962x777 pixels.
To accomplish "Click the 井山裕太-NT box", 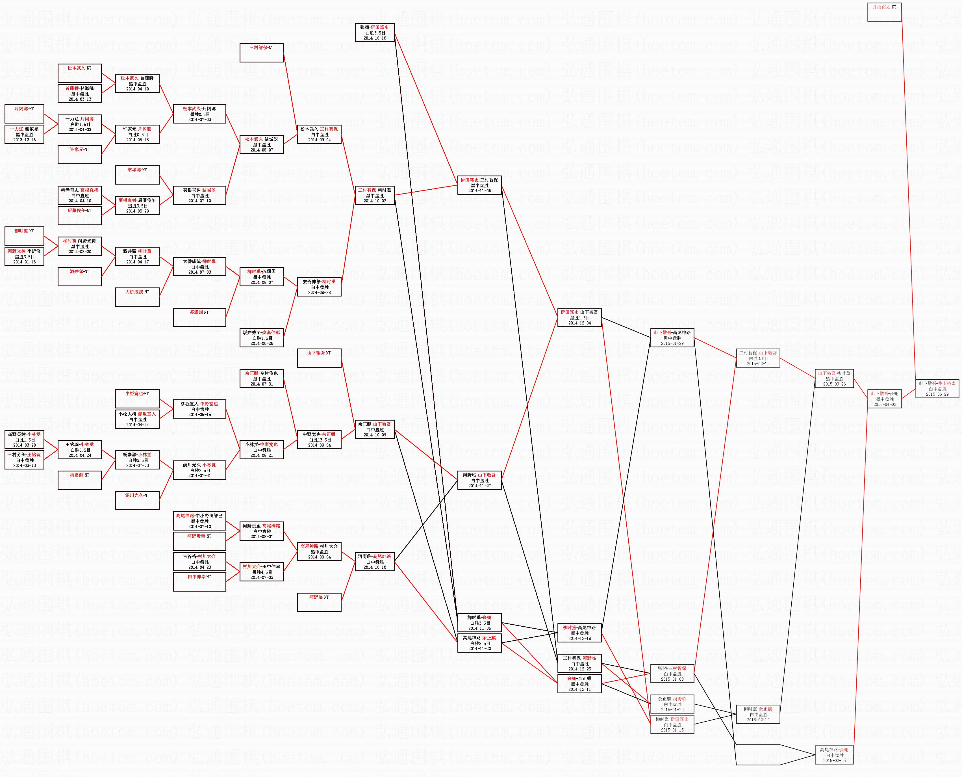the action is coord(884,12).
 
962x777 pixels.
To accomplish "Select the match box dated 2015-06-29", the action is coord(937,388).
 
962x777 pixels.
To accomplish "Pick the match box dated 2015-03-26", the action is coord(834,378).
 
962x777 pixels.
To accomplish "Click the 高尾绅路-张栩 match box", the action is coord(834,755).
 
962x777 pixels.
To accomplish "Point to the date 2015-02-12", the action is coord(758,364).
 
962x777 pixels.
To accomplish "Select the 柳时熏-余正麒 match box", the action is coord(758,714).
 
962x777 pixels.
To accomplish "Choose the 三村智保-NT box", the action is coord(262,53).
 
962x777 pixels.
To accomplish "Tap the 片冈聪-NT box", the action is coord(24,114).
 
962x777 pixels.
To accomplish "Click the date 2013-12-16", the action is coord(24,140).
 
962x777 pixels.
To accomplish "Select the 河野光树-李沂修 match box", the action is coord(24,256).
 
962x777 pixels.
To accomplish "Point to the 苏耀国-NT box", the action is coord(199,317).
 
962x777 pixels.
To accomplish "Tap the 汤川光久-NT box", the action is coord(137,500).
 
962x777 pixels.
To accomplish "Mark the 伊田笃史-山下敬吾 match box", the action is coord(579,317).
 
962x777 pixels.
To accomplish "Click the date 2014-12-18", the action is coord(579,638).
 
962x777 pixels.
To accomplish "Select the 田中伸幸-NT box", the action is coord(199,582).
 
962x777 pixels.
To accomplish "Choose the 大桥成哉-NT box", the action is coord(137,297).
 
